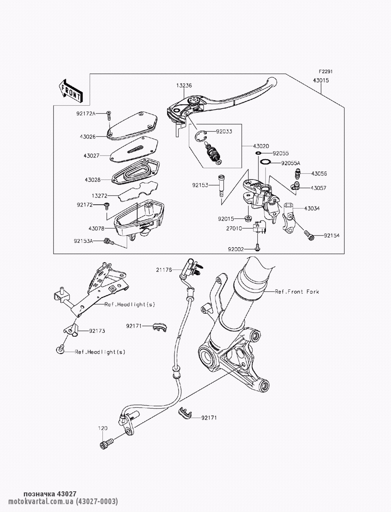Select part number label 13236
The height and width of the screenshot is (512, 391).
(x=184, y=85)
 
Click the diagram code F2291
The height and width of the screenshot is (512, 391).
(x=325, y=72)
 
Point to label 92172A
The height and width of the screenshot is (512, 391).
(x=86, y=114)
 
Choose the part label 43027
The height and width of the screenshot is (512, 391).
(x=91, y=155)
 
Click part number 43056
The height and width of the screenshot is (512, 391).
(x=319, y=173)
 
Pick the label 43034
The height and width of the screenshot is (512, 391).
(x=311, y=208)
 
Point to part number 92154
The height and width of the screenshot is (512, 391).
(x=331, y=235)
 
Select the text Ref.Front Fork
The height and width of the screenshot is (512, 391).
(x=297, y=291)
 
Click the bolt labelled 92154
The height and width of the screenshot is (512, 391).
(x=309, y=235)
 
